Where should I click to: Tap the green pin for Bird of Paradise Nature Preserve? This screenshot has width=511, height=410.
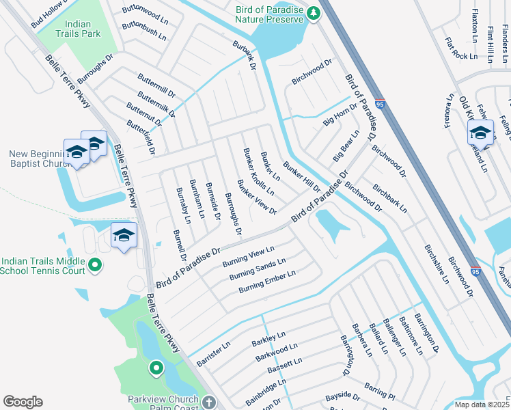coord(313,13)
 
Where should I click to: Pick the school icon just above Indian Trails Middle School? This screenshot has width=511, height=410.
coord(124,236)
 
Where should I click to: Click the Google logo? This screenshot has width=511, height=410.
coord(23,402)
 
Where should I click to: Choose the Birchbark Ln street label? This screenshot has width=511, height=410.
coord(389,197)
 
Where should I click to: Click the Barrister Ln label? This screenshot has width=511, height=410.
coord(214,351)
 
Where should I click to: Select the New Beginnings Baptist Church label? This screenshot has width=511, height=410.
coord(36,159)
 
